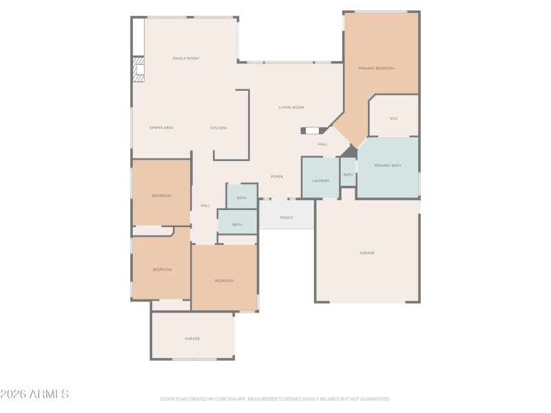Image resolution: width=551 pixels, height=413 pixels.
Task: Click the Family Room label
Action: (185, 59)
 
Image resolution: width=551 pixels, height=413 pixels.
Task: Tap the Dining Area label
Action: (161, 128)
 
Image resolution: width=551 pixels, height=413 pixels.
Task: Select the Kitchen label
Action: (218, 128)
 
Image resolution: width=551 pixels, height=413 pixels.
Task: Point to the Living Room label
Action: (291, 107)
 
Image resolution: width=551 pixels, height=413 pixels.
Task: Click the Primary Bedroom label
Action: (376, 68)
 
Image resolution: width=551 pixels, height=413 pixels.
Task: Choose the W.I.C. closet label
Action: (394, 118)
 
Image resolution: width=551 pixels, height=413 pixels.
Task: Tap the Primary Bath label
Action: (387, 166)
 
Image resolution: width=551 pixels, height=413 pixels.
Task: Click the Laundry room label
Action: (320, 181)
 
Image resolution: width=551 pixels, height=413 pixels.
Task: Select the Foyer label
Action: (277, 177)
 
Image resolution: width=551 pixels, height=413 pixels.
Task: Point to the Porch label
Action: (287, 218)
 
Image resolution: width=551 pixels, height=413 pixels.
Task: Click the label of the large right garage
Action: (366, 253)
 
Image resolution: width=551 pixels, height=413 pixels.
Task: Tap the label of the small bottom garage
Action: (192, 339)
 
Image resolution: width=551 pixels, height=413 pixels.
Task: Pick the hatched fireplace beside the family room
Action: (138, 70)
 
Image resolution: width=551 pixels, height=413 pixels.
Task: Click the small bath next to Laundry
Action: (348, 175)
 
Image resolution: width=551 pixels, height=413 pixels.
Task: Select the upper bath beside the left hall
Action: (242, 198)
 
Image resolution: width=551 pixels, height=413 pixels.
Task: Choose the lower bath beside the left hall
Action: (237, 224)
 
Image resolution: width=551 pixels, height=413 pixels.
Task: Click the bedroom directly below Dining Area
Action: (161, 196)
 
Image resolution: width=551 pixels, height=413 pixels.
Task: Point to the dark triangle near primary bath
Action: (350, 151)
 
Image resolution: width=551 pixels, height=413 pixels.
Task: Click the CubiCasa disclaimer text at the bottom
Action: (275, 399)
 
